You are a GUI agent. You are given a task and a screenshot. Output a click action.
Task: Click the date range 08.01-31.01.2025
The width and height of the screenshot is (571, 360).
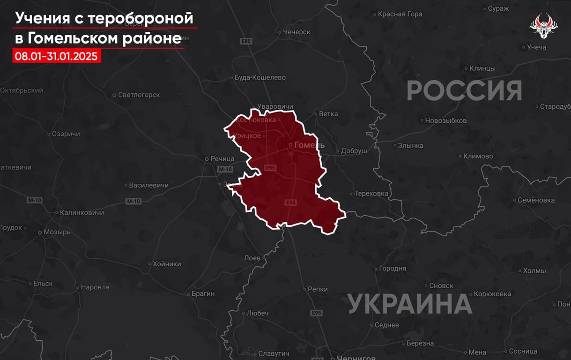click(x=56, y=56)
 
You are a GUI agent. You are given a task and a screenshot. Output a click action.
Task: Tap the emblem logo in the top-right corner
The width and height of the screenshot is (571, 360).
click(x=543, y=26)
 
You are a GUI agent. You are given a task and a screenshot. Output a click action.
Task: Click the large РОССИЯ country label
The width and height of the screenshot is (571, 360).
click(x=464, y=90)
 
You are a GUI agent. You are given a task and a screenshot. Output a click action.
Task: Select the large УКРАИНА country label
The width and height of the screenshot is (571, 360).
click(x=410, y=304)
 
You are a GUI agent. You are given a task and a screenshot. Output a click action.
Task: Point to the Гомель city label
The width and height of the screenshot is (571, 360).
click(x=309, y=145)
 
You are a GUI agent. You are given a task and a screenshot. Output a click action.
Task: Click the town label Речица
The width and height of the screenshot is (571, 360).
click(x=222, y=159)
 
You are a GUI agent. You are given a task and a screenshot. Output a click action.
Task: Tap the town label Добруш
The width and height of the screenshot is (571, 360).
click(x=354, y=151)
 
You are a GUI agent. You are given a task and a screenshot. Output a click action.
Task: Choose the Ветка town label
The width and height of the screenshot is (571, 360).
click(x=328, y=113)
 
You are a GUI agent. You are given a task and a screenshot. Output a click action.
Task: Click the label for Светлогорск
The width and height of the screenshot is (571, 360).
click(x=139, y=95)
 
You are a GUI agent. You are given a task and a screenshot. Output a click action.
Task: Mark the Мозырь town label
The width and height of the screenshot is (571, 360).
click(x=57, y=232)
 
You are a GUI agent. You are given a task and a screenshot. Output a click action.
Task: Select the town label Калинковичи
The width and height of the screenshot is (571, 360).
click(x=82, y=212)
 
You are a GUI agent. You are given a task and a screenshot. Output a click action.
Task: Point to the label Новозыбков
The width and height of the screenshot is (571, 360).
click(x=445, y=120)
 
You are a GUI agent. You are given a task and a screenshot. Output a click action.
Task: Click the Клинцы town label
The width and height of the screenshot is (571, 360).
click(x=482, y=68)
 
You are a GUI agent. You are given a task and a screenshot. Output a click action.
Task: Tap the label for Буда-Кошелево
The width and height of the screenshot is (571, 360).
click(x=260, y=77)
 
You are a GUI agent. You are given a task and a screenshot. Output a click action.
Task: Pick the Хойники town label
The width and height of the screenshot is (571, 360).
click(x=167, y=264)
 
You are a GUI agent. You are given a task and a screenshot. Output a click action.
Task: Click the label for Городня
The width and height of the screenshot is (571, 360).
click(x=393, y=269)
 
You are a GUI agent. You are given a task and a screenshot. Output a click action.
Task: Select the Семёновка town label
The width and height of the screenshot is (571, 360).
click(x=536, y=200)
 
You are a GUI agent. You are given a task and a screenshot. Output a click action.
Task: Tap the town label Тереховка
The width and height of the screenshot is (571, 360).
click(x=371, y=193)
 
